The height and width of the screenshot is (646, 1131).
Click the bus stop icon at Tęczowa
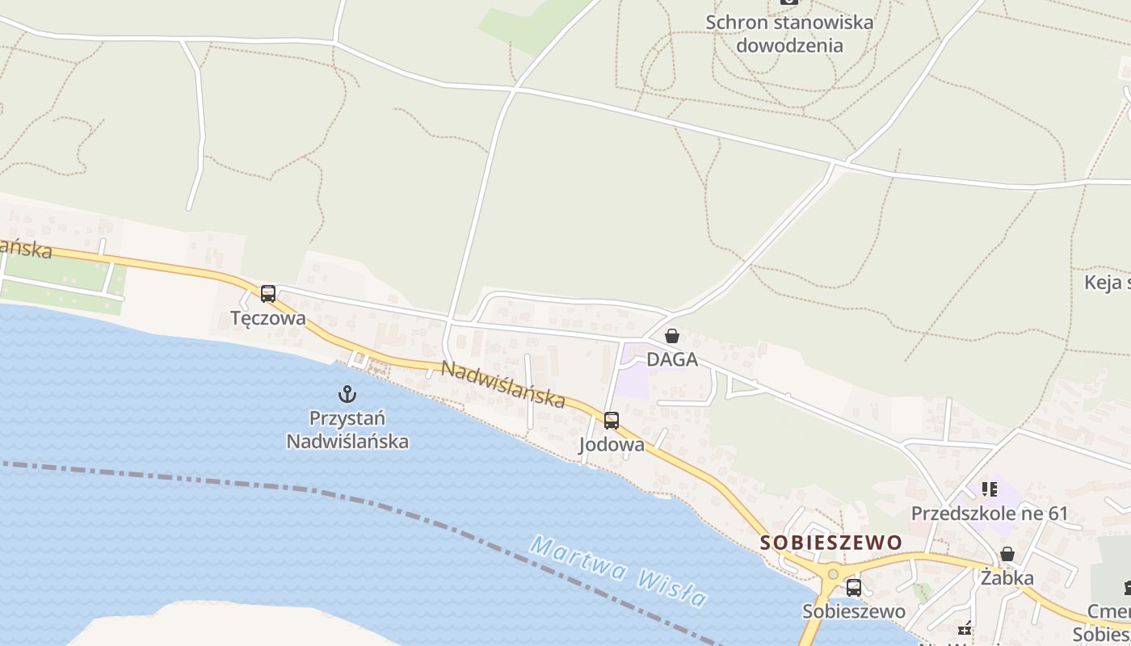coord(268,294)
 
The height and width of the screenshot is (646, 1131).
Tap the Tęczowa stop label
coord(268,318)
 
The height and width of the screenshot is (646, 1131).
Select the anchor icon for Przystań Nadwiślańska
coord(347,394)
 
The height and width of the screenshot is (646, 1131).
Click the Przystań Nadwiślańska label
coord(347,430)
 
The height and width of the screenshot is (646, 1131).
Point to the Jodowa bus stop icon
coord(612,421)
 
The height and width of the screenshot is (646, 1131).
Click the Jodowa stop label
coord(612,445)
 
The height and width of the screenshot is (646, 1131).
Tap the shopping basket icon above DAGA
coord(671,336)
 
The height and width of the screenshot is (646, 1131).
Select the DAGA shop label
coord(671,359)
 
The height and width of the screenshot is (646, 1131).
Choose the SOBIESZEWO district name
coord(831,543)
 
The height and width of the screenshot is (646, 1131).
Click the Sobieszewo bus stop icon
coord(854,588)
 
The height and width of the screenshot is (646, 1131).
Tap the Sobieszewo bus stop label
coord(854,611)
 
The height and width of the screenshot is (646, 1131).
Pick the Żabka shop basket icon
coord(1007,554)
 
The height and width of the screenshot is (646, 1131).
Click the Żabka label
coord(1007,578)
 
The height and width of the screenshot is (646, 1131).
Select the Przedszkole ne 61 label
coord(990,514)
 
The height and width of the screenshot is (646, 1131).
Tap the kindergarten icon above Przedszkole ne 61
coord(990,489)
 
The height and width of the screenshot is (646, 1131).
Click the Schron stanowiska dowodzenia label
coord(789,34)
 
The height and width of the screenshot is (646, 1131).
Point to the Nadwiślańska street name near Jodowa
coord(502,384)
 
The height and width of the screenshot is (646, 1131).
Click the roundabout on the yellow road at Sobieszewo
coord(833,574)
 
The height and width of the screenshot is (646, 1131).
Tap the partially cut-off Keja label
coord(1107,283)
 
